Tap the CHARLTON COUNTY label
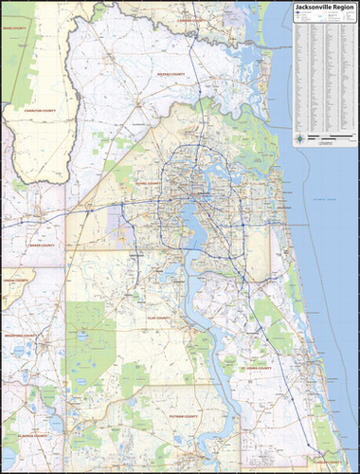click(x=41, y=111)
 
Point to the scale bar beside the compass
click(x=327, y=140)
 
